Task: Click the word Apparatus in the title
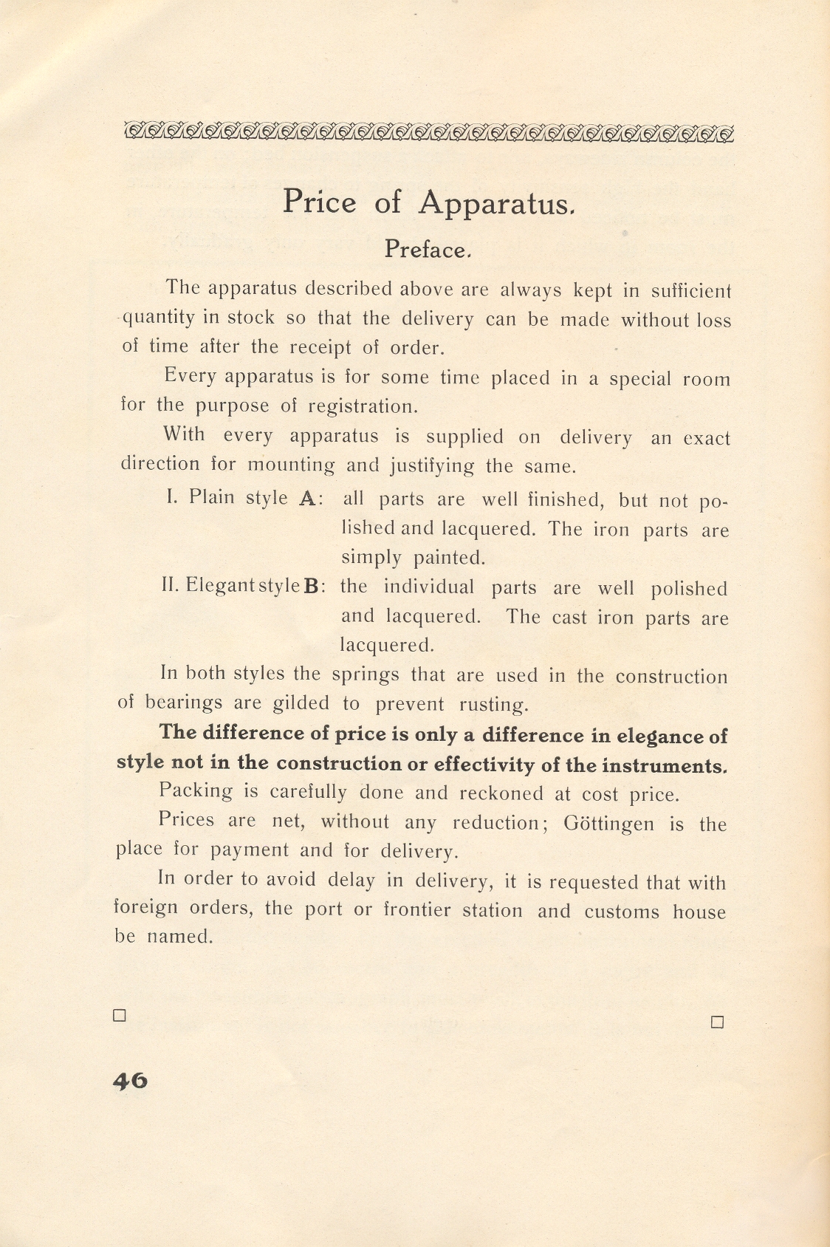point(495,203)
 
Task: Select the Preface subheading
point(426,250)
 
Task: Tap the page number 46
point(130,1081)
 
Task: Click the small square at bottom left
point(120,1015)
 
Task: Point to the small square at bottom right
point(716,1022)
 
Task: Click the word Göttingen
point(608,823)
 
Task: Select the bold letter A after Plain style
point(307,499)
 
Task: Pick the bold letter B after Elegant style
point(312,587)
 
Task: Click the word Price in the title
point(319,202)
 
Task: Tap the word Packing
point(196,791)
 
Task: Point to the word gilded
point(301,703)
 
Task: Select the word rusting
point(493,705)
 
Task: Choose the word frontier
point(416,909)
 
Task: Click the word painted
point(449,558)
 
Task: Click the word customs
point(621,912)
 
